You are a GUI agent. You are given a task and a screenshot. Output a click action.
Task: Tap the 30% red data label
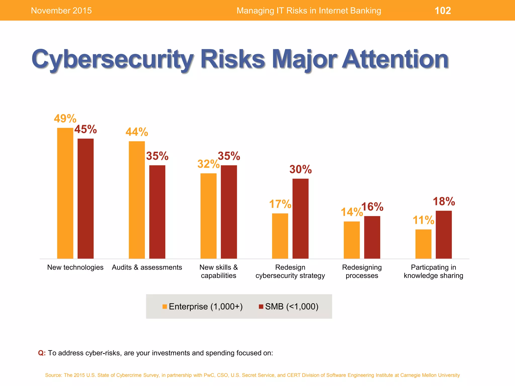[301, 169]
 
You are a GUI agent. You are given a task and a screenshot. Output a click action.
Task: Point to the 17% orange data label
[280, 204]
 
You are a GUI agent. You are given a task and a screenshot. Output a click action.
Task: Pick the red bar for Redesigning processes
[372, 237]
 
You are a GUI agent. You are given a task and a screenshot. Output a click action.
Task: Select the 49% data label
[65, 119]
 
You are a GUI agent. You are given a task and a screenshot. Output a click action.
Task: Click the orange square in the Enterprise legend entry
[165, 307]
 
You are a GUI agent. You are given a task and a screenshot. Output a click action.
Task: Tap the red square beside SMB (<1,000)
[261, 307]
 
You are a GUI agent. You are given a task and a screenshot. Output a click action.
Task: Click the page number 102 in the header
[443, 11]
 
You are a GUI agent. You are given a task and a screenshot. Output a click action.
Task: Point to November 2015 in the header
[61, 11]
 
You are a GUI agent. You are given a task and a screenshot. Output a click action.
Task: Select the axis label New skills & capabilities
[219, 271]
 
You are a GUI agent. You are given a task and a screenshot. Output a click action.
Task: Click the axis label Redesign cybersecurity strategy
[290, 271]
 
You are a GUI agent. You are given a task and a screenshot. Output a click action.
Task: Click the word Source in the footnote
[53, 375]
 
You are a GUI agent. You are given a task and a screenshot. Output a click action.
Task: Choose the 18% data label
[444, 202]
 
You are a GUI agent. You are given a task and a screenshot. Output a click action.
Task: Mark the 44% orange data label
[137, 132]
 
